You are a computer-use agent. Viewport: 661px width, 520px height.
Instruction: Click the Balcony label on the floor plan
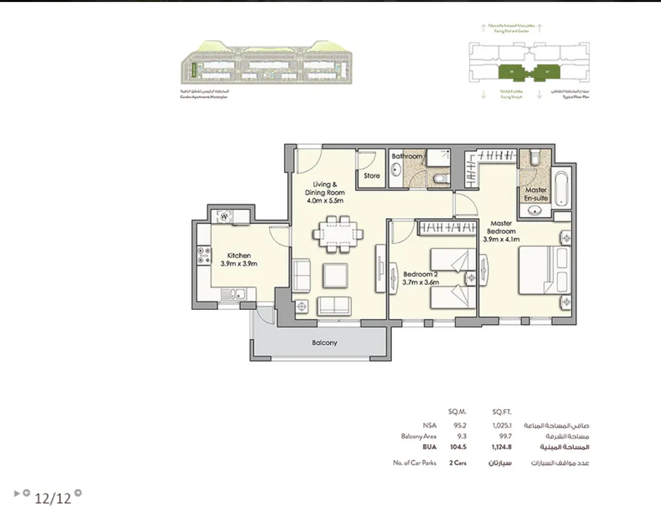pyautogui.click(x=325, y=343)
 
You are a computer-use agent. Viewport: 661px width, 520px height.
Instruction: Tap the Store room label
pyautogui.click(x=372, y=176)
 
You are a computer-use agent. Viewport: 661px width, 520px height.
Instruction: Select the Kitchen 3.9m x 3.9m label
pyautogui.click(x=239, y=260)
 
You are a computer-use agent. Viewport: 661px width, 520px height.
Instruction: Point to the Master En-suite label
pyautogui.click(x=535, y=194)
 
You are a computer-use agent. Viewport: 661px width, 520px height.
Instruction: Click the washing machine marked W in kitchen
pyautogui.click(x=224, y=215)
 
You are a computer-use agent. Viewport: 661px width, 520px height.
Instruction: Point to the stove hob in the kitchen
pyautogui.click(x=202, y=256)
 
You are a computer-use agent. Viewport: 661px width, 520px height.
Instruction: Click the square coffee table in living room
pyautogui.click(x=335, y=275)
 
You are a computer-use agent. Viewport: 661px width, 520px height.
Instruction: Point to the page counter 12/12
pyautogui.click(x=53, y=498)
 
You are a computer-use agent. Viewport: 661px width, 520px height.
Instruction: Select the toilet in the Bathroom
pyautogui.click(x=440, y=179)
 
